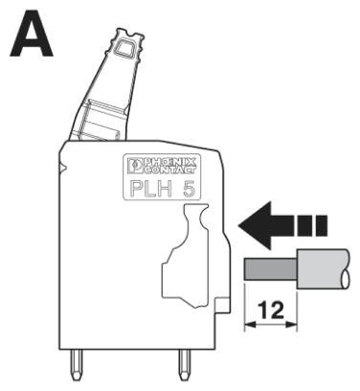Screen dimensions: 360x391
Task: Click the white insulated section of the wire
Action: click(x=321, y=269)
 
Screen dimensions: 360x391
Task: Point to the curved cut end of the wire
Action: click(x=347, y=269)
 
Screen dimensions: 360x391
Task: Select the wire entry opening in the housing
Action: click(x=197, y=254)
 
